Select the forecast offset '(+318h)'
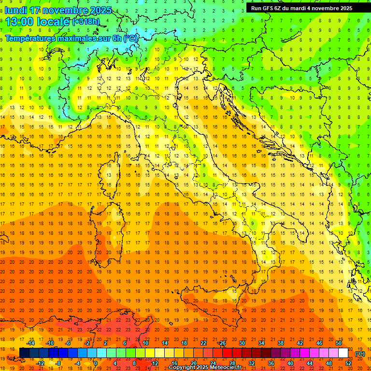pyautogui.click(x=86, y=22)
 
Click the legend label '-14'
pyautogui.click(x=32, y=343)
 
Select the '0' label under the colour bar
pyautogui.click(x=95, y=363)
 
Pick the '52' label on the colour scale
pyautogui.click(x=348, y=363)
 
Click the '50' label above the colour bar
pyautogui.click(x=338, y=343)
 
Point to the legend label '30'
pyautogui.click(x=242, y=343)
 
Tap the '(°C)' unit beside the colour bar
pyautogui.click(x=360, y=354)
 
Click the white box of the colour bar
pyautogui.click(x=343, y=353)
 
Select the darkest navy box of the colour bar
pyautogui.click(x=24, y=353)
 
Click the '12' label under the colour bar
pyautogui.click(x=155, y=363)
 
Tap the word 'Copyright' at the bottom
pyautogui.click(x=184, y=368)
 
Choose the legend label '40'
pyautogui.click(x=290, y=363)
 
